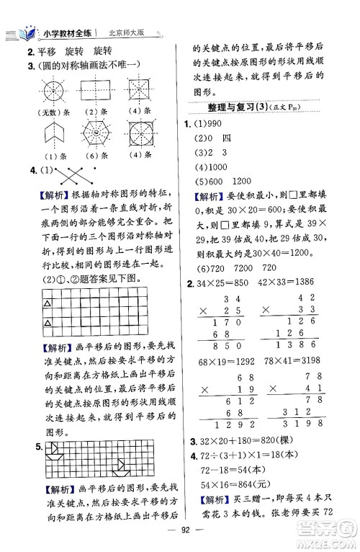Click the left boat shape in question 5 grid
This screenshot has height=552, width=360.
point(52,452)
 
